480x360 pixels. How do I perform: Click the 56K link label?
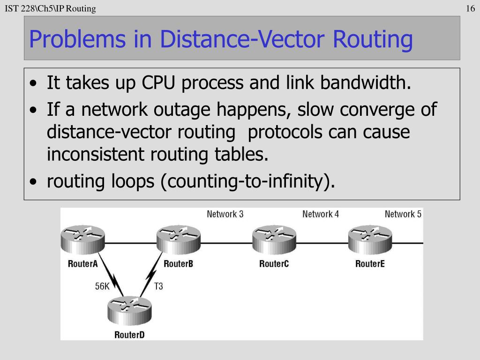pos(102,286)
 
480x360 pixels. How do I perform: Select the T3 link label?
pos(158,286)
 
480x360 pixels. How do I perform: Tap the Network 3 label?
pos(225,214)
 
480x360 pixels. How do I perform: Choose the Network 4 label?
pos(321,214)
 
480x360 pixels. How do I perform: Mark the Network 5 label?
pos(403,214)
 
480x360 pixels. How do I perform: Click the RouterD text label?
pos(129,335)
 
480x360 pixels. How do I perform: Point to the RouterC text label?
pos(274,264)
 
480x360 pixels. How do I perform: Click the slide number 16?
pos(471,8)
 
